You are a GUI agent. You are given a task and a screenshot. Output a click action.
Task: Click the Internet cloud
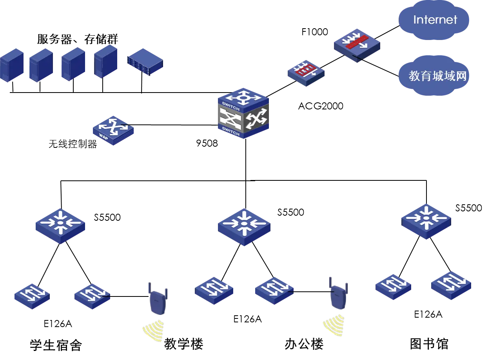434,20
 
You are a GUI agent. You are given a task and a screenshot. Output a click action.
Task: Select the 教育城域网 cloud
434,76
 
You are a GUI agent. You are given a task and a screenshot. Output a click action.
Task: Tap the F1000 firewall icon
357,45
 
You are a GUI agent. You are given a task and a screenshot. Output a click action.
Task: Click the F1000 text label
315,32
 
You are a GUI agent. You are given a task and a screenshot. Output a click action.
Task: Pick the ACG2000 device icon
306,73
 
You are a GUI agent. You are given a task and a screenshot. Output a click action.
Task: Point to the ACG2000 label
321,106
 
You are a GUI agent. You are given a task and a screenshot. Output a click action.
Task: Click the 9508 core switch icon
243,113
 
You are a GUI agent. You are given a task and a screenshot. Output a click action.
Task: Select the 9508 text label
207,144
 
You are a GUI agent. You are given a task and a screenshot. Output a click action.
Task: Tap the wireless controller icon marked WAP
113,131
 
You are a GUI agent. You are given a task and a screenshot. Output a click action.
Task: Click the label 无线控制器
73,144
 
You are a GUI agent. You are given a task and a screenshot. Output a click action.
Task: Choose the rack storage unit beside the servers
145,62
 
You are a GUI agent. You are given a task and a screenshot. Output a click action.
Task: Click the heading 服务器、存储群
78,39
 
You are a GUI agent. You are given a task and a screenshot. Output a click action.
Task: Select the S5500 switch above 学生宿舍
60,226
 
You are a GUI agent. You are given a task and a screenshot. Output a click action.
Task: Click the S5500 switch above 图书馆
426,222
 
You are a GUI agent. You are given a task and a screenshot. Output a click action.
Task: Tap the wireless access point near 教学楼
158,298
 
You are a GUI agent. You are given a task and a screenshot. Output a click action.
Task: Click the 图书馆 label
429,344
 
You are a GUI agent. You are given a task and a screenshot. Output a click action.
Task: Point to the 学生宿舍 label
56,345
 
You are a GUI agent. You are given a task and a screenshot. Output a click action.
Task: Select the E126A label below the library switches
428,315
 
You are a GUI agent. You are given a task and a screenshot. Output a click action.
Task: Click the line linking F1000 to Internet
387,32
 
